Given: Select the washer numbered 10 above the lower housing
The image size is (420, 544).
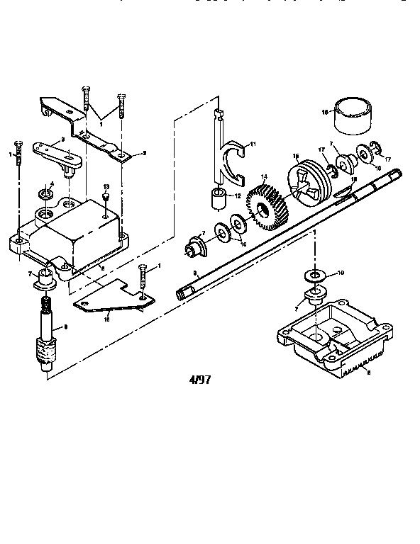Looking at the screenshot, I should [313, 273].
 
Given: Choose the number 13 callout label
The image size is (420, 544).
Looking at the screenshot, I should [105, 186].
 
